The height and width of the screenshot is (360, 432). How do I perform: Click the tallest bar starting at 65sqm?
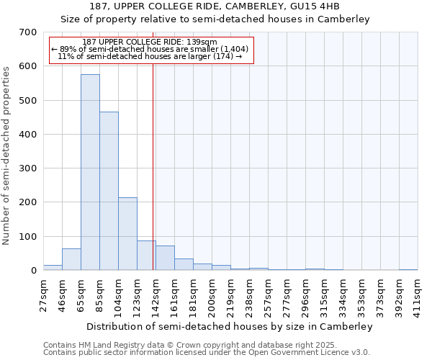(x=90, y=173)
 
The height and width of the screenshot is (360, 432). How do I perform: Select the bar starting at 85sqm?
(x=109, y=192)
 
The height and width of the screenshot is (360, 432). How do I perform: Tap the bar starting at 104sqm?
(x=127, y=234)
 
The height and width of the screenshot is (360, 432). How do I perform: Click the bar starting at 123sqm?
(x=146, y=256)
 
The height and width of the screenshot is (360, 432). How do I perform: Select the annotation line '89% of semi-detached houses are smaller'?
(x=150, y=49)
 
